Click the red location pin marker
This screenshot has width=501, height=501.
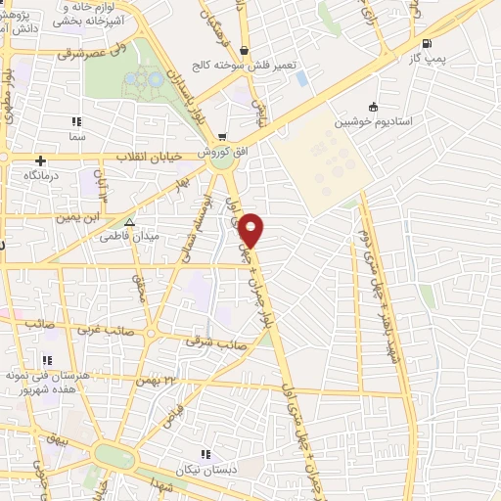252,231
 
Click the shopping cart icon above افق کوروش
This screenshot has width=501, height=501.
224,137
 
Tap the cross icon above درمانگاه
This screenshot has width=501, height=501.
40,159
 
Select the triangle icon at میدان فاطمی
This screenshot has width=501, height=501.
129,222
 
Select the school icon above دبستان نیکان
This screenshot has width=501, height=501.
205,454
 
